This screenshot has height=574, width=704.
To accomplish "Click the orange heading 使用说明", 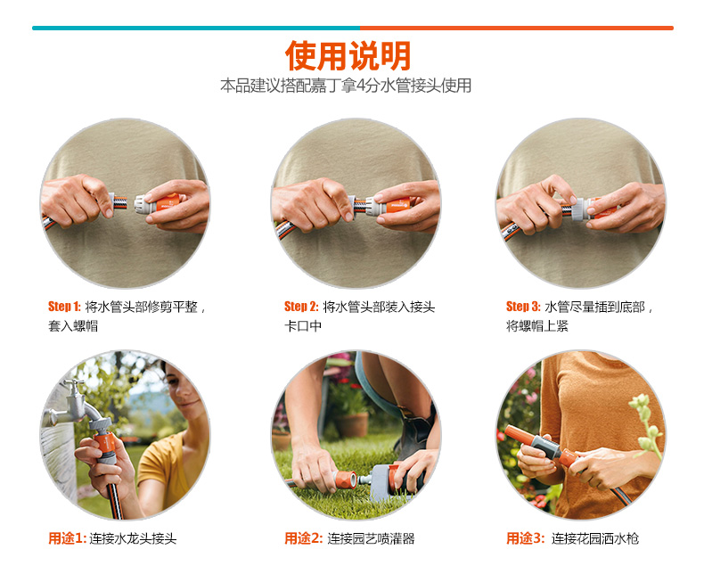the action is pyautogui.click(x=348, y=55).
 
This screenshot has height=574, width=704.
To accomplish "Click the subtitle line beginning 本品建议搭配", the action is pyautogui.click(x=346, y=86).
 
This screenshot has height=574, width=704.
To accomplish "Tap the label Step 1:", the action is pyautogui.click(x=64, y=307).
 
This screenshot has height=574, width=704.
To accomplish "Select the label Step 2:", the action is pyautogui.click(x=301, y=307).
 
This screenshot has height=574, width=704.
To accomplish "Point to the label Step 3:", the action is pyautogui.click(x=523, y=307).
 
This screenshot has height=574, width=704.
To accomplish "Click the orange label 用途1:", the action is pyautogui.click(x=67, y=538).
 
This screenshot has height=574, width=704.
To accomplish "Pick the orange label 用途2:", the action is pyautogui.click(x=304, y=538).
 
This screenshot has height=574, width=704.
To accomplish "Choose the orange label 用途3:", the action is pyautogui.click(x=525, y=538).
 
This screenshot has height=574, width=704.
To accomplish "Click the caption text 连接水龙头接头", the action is pyautogui.click(x=133, y=538).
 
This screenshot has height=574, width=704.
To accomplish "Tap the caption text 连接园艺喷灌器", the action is pyautogui.click(x=371, y=538).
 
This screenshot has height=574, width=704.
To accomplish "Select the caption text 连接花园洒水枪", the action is pyautogui.click(x=595, y=538).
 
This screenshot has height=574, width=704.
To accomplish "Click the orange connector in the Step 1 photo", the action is pyautogui.click(x=167, y=203).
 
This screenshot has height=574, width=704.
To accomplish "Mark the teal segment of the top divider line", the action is pyautogui.click(x=196, y=28).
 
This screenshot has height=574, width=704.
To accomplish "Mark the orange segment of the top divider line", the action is pyautogui.click(x=517, y=28).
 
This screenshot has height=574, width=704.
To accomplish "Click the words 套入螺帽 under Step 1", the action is pyautogui.click(x=73, y=326).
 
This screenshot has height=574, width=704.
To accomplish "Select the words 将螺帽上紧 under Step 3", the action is pyautogui.click(x=537, y=326).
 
